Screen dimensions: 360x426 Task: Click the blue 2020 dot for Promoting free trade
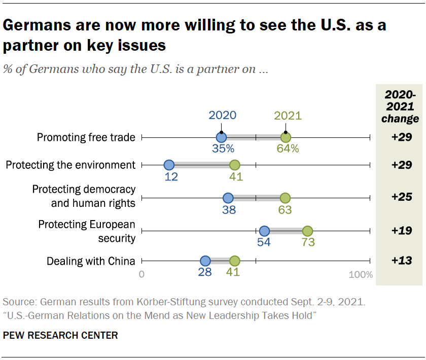click(221, 137)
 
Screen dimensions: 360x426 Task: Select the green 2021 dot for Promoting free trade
click(286, 137)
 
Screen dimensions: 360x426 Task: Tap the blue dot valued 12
click(169, 165)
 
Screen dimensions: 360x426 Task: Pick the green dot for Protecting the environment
click(234, 165)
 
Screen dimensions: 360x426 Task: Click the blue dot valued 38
click(228, 198)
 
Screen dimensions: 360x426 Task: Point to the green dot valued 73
click(307, 231)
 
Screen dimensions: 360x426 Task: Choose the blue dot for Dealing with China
click(205, 261)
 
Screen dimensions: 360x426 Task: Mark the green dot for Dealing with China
click(234, 261)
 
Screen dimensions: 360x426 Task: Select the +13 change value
click(401, 261)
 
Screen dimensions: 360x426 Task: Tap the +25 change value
click(401, 197)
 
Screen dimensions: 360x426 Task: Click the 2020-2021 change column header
click(401, 106)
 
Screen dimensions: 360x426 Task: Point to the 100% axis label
click(361, 275)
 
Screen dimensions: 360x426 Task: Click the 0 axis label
click(142, 275)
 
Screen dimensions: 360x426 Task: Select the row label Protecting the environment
click(70, 165)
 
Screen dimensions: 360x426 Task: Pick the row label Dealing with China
click(91, 261)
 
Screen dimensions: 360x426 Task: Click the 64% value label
click(288, 149)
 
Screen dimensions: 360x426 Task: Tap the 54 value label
click(264, 242)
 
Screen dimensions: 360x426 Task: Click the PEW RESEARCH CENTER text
click(60, 335)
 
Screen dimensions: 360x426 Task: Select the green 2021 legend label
click(288, 115)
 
